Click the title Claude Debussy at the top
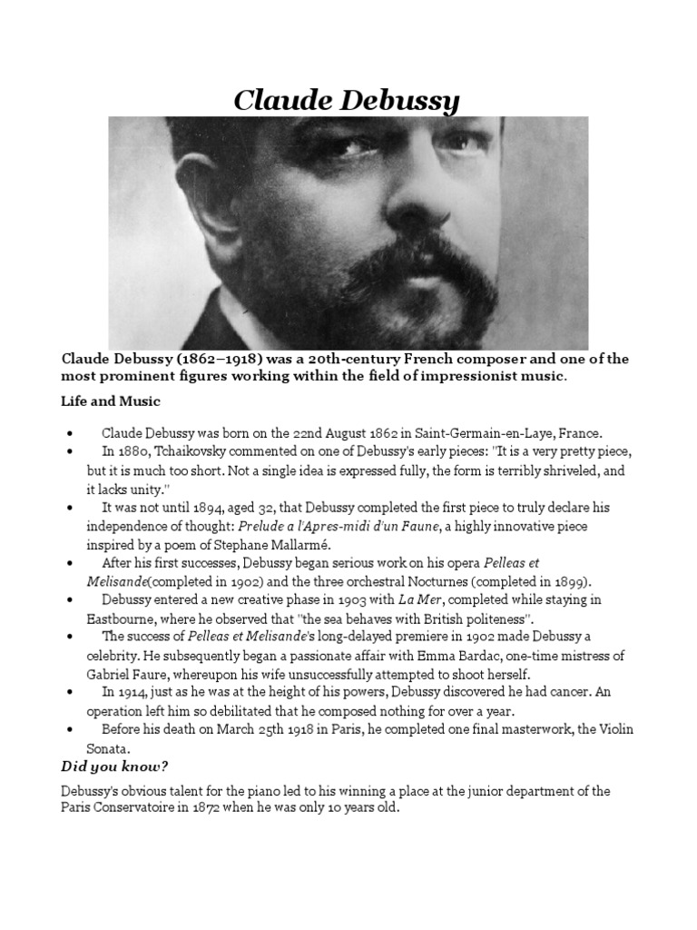[x=347, y=100]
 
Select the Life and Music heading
[x=111, y=401]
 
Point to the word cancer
[x=553, y=692]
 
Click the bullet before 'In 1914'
[x=70, y=693]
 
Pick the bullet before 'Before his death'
[x=70, y=730]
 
